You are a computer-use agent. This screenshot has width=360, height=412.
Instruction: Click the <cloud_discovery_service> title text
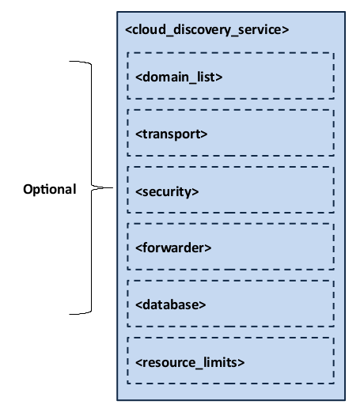207,31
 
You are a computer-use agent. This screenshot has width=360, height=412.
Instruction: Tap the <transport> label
172,134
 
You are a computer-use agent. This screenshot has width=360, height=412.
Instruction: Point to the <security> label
167,191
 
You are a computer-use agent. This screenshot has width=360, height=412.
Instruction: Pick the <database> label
171,304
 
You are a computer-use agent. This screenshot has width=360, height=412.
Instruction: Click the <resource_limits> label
190,362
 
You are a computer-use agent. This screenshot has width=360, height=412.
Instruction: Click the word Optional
49,190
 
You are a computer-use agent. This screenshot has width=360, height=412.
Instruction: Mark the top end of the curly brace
70,62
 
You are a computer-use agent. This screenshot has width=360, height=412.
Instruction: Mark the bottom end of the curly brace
70,314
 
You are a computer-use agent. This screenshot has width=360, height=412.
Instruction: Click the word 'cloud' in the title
146,31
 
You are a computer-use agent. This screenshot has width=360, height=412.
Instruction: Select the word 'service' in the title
261,31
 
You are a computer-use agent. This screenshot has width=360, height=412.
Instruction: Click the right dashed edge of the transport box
333,133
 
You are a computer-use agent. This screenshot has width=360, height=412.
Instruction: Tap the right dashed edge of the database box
333,304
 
